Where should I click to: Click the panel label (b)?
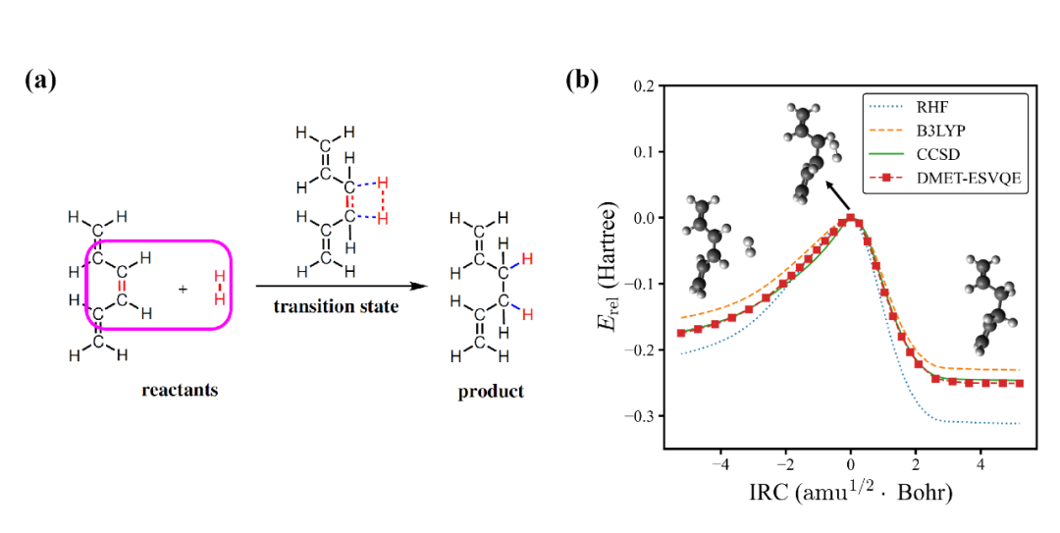pos(581,80)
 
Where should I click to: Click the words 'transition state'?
pos(337,306)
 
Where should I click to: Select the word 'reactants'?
pos(178,391)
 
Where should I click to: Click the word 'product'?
pos(491,392)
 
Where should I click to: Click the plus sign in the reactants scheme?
pos(183,291)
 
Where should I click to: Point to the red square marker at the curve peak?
pos(851,218)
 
